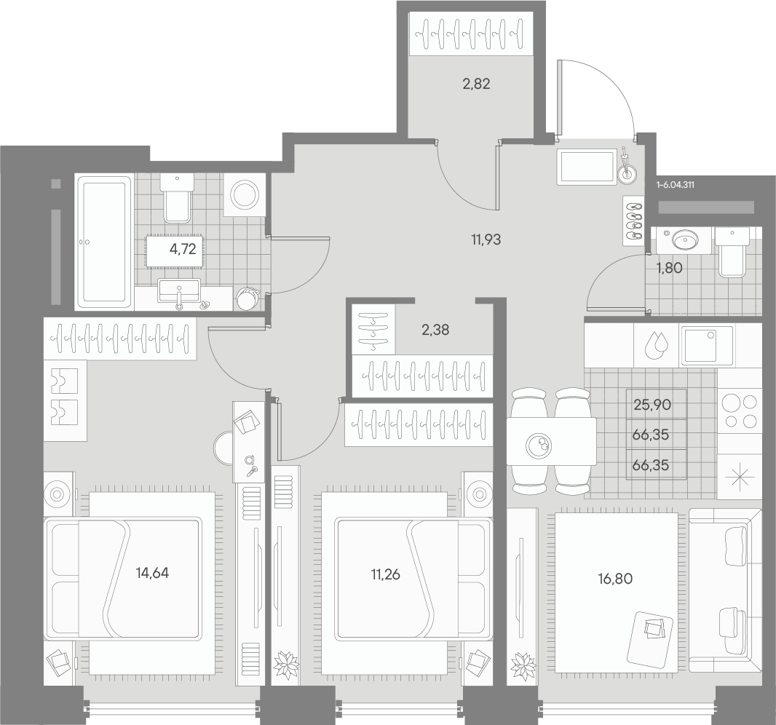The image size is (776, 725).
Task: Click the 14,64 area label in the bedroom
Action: click(152, 573)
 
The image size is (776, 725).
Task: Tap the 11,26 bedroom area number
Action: click(386, 574)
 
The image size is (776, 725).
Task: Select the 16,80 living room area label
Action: click(615, 579)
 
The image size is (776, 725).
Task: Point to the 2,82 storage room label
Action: click(476, 84)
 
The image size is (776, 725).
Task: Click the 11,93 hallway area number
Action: click(486, 240)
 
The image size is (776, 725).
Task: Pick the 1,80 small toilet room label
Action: click(669, 268)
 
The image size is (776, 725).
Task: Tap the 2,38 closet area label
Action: click(435, 330)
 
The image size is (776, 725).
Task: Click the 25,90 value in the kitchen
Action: click(652, 405)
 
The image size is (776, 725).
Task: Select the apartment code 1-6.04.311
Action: click(675, 185)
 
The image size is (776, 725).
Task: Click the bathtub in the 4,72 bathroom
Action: click(104, 242)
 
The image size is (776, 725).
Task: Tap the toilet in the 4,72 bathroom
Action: click(177, 199)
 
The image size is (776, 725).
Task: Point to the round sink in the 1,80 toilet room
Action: click(685, 240)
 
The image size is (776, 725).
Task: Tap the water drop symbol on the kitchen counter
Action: click(656, 345)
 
